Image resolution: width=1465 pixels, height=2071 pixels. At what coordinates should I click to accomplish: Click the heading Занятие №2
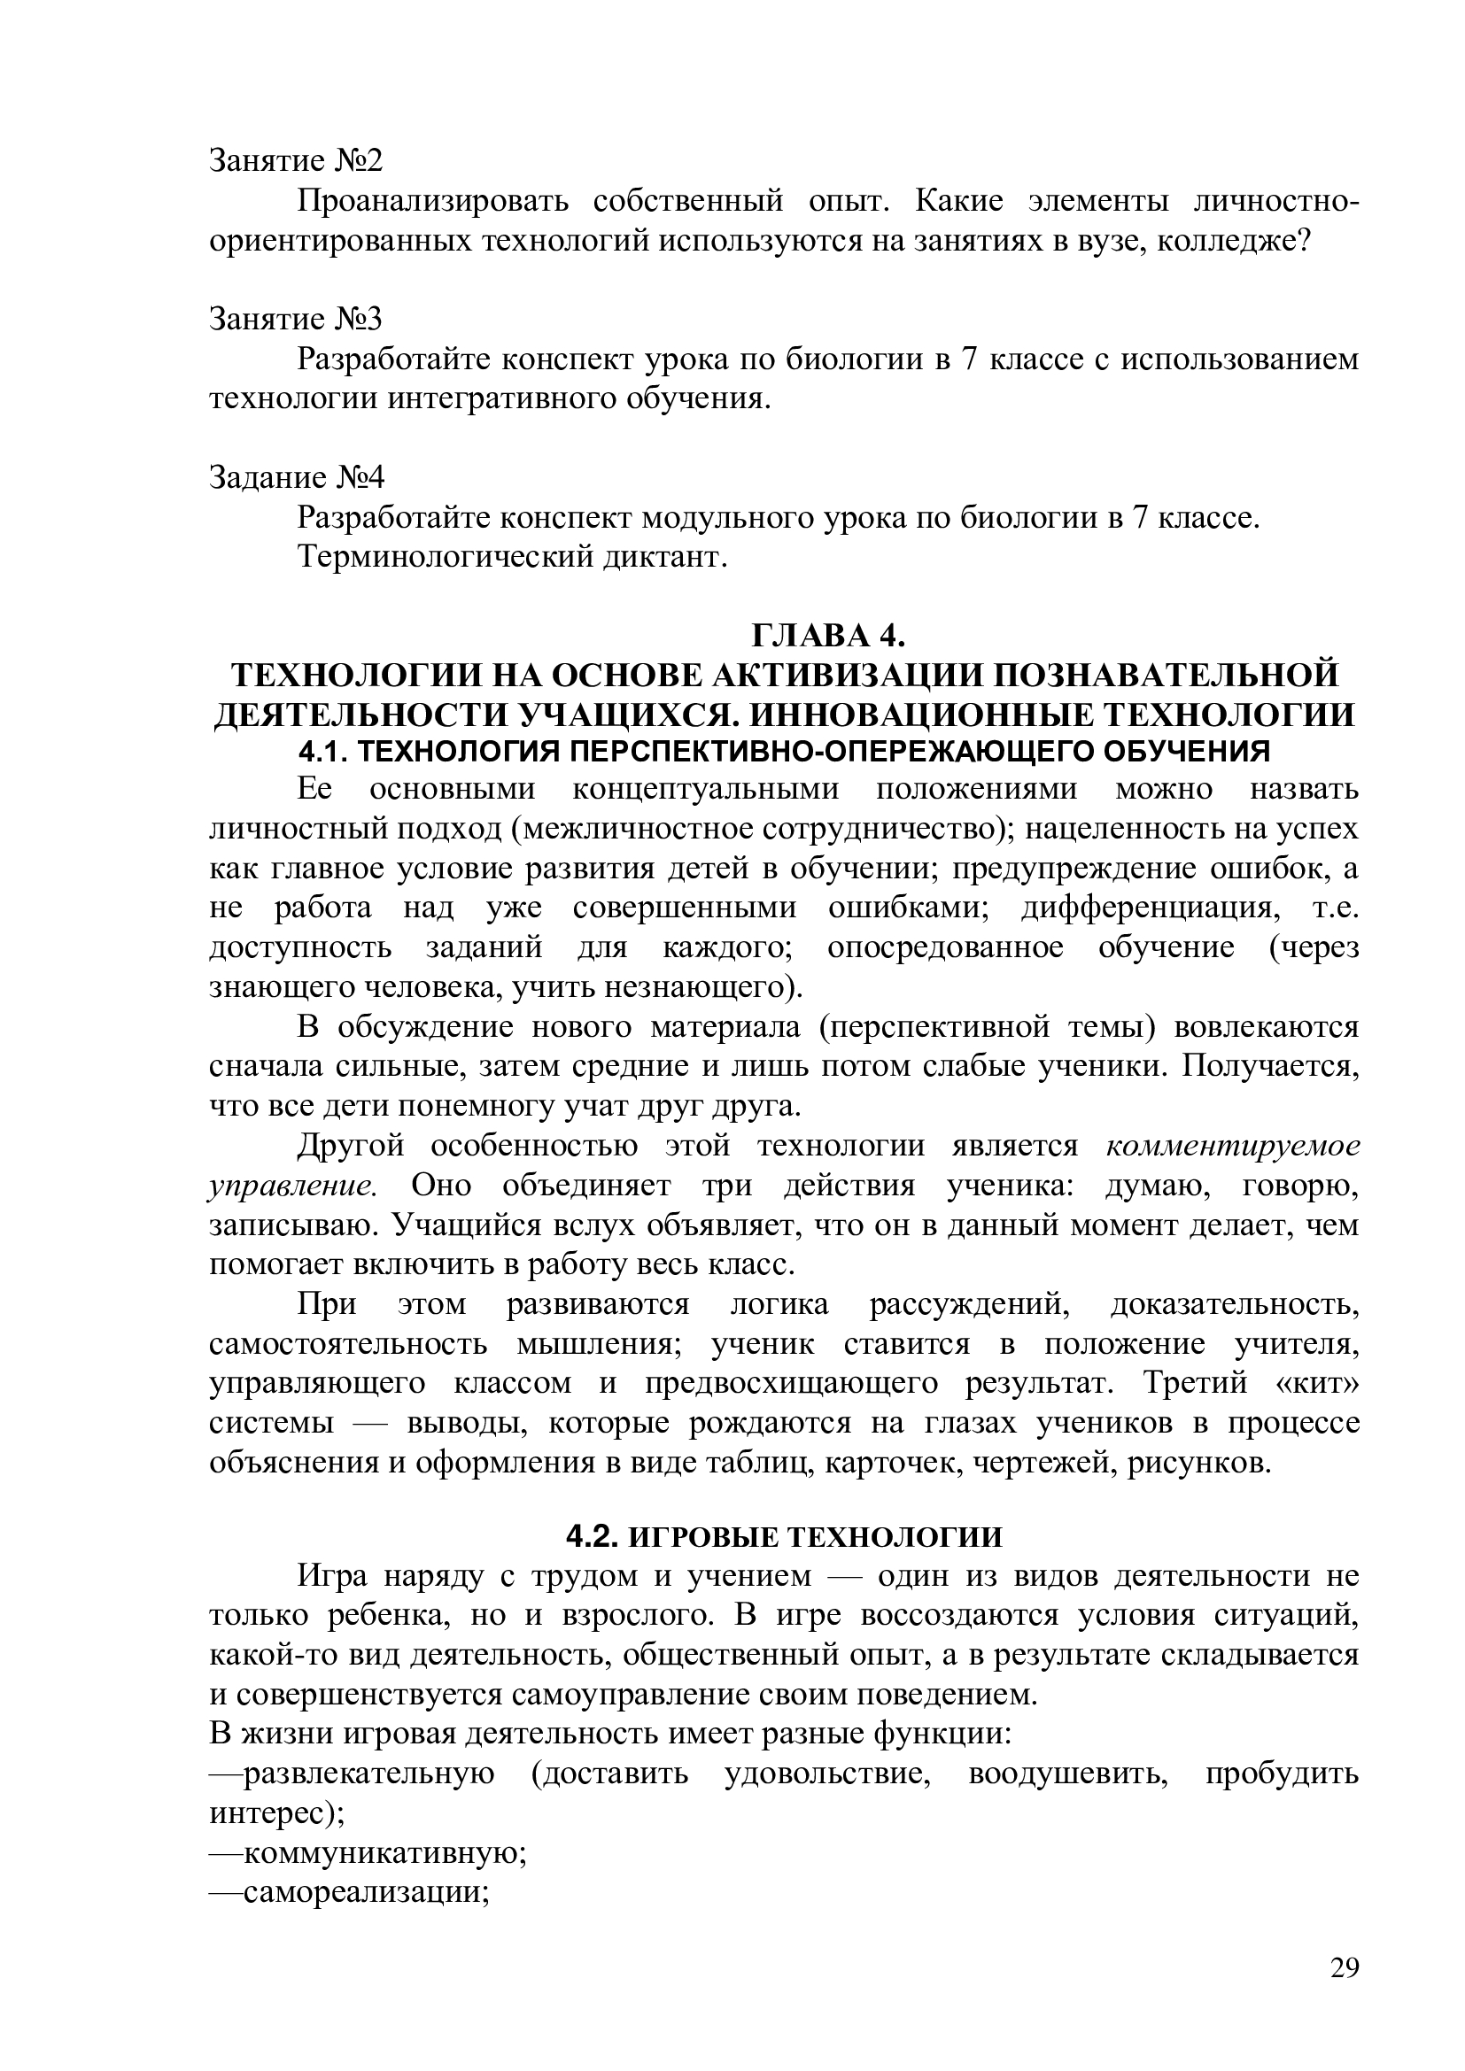point(296,160)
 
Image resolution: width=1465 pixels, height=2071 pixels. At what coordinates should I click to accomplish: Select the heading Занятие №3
point(296,320)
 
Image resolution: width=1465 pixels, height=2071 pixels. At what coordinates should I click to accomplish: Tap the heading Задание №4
point(297,477)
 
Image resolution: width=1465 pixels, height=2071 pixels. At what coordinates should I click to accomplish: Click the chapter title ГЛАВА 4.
point(828,636)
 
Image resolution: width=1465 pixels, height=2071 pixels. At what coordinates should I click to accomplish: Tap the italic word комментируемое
point(1232,1146)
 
